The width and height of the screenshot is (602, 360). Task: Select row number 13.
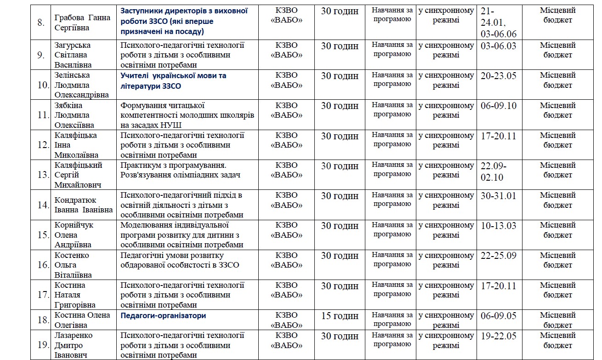click(x=43, y=175)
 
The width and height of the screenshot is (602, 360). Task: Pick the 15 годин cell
click(x=340, y=316)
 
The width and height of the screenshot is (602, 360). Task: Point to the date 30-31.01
click(x=499, y=196)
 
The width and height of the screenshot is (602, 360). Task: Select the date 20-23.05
click(x=499, y=76)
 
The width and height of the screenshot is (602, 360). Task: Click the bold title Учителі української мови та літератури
click(x=173, y=80)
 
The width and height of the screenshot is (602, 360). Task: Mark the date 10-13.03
click(x=499, y=226)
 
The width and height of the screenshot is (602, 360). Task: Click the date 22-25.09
click(x=499, y=256)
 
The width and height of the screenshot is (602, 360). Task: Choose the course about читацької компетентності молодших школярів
click(x=187, y=115)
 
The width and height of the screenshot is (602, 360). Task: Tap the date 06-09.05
click(x=499, y=316)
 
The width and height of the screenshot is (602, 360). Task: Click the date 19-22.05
click(x=499, y=336)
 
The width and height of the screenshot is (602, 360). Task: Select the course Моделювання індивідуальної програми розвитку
click(x=182, y=235)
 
